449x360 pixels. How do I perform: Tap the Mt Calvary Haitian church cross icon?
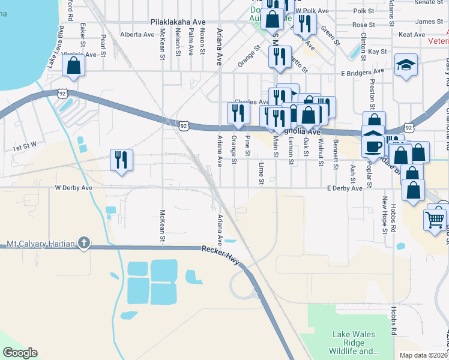84,244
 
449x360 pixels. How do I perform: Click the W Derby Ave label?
74,188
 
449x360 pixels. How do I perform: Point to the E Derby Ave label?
345,188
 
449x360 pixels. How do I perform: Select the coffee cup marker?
373,147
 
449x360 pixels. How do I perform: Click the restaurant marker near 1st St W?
121,160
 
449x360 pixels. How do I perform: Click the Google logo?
20,353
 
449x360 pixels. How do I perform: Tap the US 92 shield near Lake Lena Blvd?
62,93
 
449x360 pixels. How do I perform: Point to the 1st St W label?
25,146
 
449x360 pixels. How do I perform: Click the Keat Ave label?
412,35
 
